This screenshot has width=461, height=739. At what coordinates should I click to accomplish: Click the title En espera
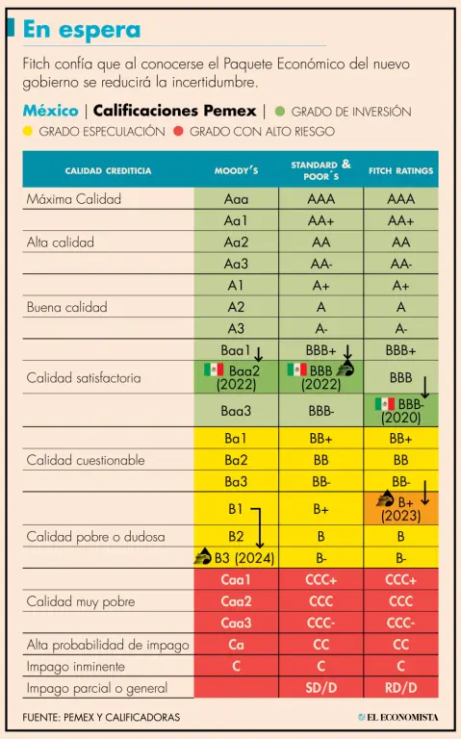(82, 30)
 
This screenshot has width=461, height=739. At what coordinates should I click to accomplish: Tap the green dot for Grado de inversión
(280, 112)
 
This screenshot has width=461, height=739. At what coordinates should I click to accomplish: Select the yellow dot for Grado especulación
(27, 131)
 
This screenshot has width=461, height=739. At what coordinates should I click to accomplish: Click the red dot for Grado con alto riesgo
(178, 131)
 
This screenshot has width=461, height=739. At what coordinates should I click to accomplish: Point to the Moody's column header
(236, 170)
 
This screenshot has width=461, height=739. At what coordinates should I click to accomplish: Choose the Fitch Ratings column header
(400, 170)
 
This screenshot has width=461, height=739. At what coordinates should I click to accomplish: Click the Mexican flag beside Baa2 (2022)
(214, 369)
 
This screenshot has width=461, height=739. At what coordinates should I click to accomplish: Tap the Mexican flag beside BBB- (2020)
(385, 403)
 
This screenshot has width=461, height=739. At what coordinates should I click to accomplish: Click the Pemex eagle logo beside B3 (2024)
(203, 556)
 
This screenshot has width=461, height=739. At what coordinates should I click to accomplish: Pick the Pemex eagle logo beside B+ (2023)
(385, 499)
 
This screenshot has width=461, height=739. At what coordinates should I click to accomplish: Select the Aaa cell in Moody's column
(236, 199)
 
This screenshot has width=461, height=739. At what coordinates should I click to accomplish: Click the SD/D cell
(321, 688)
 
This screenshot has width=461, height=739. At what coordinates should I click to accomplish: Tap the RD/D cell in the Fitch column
(400, 688)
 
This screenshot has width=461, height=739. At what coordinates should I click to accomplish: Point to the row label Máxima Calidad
(74, 199)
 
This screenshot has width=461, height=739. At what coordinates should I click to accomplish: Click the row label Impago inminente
(76, 667)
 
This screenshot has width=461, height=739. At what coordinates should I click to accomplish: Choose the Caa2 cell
(236, 601)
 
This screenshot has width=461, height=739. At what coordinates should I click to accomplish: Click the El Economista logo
(398, 717)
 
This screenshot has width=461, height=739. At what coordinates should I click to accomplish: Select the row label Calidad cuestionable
(86, 460)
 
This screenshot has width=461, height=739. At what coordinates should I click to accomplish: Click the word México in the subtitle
(50, 111)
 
